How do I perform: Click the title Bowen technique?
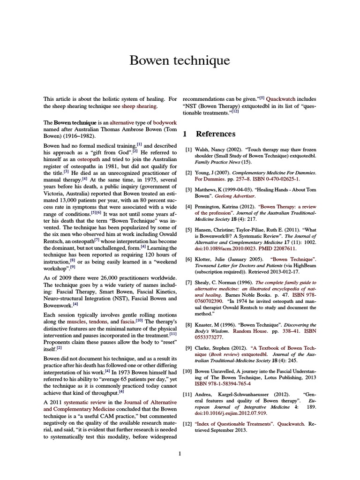pyautogui.click(x=180, y=60)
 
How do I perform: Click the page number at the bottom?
pyautogui.click(x=180, y=453)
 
